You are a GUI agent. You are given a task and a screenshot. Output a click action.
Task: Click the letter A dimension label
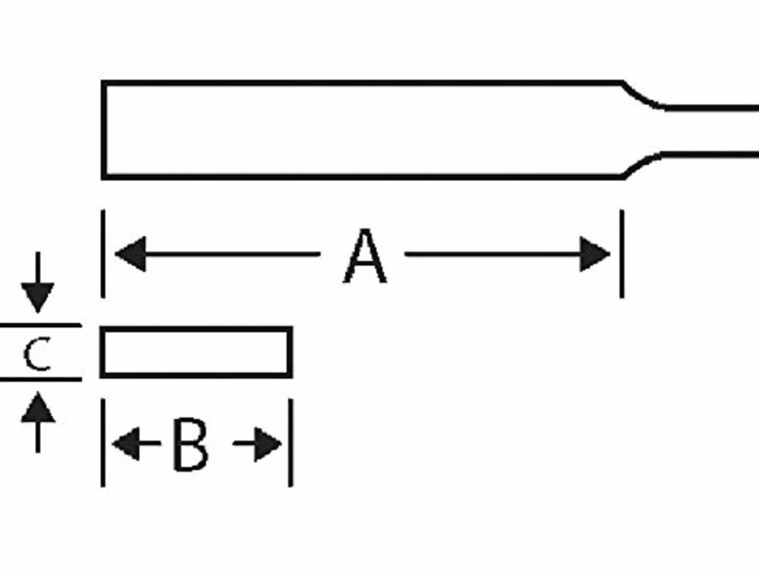pyautogui.click(x=365, y=256)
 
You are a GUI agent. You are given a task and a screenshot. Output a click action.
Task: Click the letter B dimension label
pyautogui.click(x=191, y=444)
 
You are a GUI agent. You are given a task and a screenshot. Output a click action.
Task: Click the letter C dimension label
pyautogui.click(x=37, y=354)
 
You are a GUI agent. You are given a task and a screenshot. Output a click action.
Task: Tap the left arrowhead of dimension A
pyautogui.click(x=130, y=253)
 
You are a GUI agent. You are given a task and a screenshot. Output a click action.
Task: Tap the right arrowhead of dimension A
pyautogui.click(x=595, y=253)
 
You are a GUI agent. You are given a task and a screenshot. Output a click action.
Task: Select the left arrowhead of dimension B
pyautogui.click(x=126, y=444)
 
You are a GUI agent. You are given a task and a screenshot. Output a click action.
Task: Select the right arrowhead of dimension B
pyautogui.click(x=268, y=444)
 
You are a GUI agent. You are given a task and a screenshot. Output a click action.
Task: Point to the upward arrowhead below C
pyautogui.click(x=38, y=407)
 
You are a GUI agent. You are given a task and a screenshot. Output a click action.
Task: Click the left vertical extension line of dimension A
pyautogui.click(x=102, y=253)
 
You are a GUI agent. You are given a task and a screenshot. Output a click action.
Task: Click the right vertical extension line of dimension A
pyautogui.click(x=622, y=253)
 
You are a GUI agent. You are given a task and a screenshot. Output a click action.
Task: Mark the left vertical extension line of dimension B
pyautogui.click(x=102, y=443)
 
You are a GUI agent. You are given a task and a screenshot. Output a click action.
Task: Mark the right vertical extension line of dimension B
pyautogui.click(x=290, y=443)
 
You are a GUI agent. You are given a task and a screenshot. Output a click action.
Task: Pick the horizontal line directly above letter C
pyautogui.click(x=40, y=325)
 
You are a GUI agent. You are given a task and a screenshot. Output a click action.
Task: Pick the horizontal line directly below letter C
pyautogui.click(x=40, y=379)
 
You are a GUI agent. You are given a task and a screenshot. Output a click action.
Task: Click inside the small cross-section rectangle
pyautogui.click(x=196, y=352)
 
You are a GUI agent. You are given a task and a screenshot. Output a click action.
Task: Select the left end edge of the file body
pyautogui.click(x=104, y=130)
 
